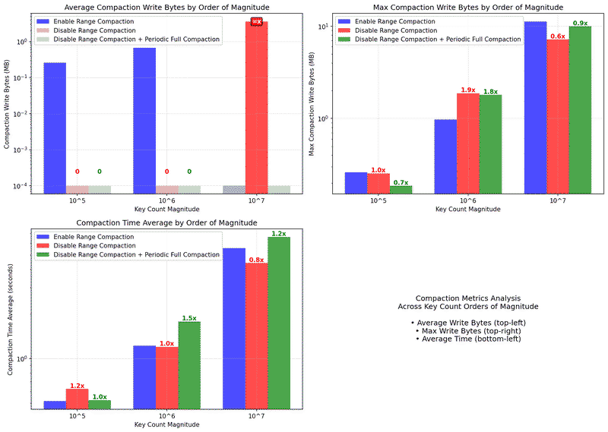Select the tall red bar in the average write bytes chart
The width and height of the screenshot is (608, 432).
[257, 106]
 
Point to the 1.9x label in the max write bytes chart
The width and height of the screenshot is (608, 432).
[467, 90]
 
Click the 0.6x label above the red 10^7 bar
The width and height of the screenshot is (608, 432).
[558, 36]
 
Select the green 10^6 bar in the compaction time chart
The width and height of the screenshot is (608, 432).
[189, 365]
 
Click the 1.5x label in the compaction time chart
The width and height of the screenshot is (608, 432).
[189, 318]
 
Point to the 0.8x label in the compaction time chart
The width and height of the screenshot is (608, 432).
[257, 260]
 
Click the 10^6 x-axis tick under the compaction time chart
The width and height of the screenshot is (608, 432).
[167, 417]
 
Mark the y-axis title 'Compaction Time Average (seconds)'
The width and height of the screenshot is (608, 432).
[10, 314]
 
